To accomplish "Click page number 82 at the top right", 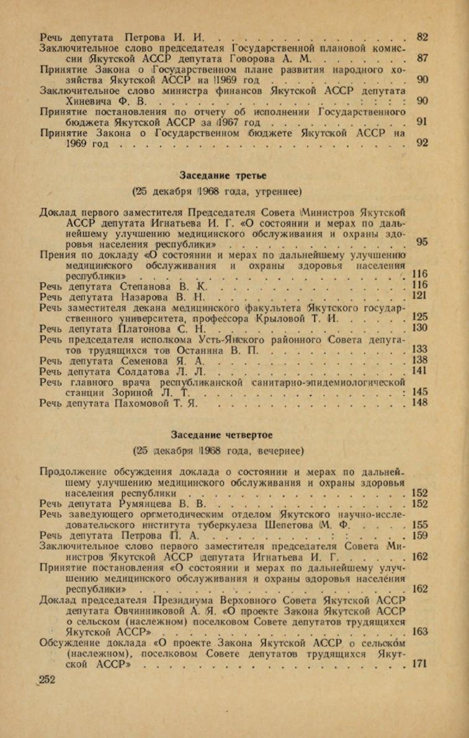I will (422, 37).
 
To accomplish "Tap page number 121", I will (420, 296).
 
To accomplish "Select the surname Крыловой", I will (281, 317).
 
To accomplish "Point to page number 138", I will (420, 359).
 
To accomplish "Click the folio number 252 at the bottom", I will (47, 681).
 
